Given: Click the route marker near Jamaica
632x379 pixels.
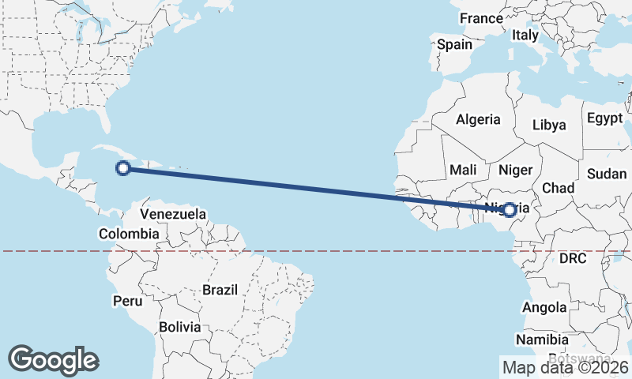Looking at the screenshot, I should coord(122,167).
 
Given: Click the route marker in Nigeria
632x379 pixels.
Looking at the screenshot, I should coord(510,209).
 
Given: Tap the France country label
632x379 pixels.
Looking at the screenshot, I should coord(481,18).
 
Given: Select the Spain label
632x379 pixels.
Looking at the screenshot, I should coord(454,45).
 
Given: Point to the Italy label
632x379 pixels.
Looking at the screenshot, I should coord(525,36).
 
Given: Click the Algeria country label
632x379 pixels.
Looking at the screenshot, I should coord(478,120).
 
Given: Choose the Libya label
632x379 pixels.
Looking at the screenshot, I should coord(549,125).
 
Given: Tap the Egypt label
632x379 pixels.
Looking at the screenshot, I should coord(605,118).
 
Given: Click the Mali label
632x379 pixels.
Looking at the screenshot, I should coord(463,170).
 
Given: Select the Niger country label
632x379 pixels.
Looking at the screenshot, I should coord(516,170).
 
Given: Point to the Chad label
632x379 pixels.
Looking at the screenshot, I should coord(558,188).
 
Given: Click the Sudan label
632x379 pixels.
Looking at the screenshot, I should coord(607,174).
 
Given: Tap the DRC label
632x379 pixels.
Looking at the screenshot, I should coord(574,258).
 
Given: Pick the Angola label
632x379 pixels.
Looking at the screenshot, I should coord(545,308).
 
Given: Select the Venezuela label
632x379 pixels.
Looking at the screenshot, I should coord(173,214).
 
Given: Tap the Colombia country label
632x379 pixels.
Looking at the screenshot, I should coord(128,234).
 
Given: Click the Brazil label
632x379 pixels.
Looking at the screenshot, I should coord(220,290).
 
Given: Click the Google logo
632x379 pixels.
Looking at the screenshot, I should coord(53,360).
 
